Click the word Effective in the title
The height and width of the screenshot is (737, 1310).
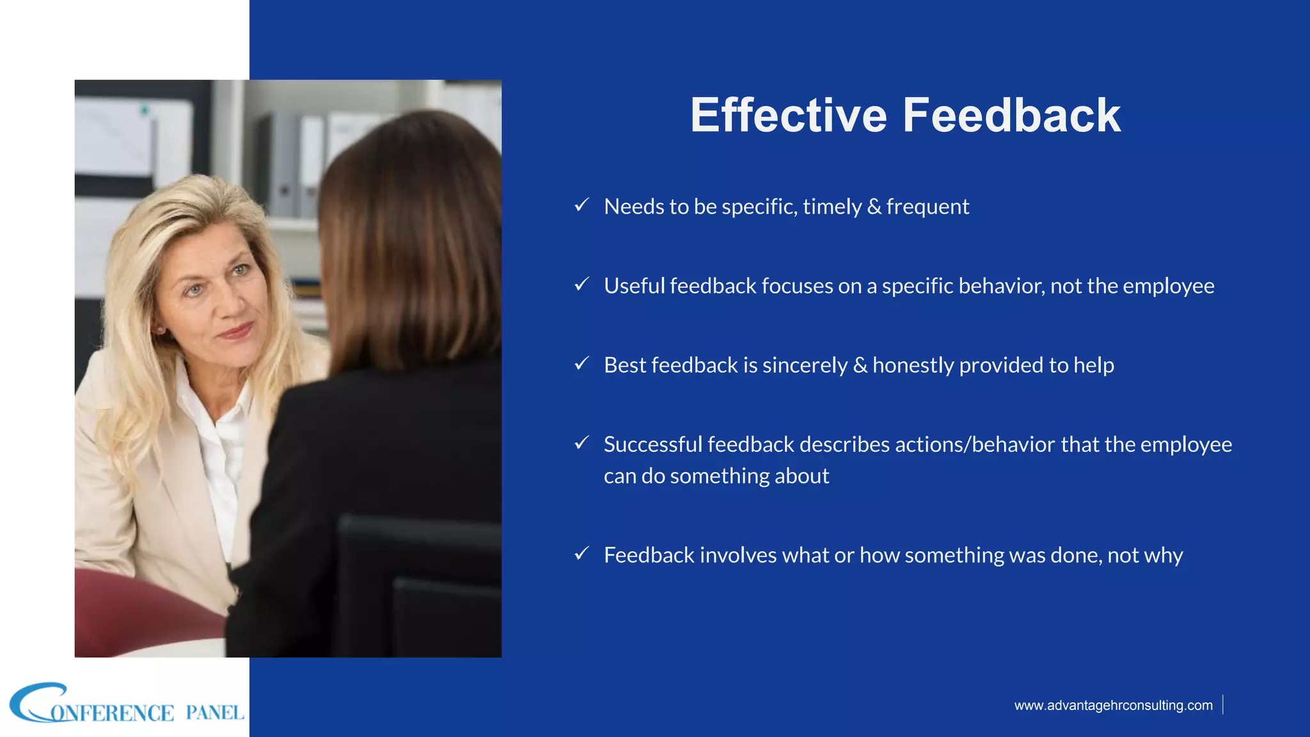789,115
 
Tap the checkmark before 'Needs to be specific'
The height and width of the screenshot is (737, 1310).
581,205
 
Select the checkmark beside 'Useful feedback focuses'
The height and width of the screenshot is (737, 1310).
581,284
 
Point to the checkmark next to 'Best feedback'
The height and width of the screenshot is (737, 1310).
581,363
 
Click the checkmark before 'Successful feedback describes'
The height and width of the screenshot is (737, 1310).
581,443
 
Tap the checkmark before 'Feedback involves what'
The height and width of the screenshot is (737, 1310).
581,553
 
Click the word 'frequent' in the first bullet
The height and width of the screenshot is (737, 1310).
927,207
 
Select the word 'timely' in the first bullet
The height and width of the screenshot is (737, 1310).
832,207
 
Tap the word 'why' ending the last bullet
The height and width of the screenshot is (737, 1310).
1164,556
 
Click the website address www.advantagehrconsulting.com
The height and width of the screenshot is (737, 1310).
1113,705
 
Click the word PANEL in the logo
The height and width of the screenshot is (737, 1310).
214,713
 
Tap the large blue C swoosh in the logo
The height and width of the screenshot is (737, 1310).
32,702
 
